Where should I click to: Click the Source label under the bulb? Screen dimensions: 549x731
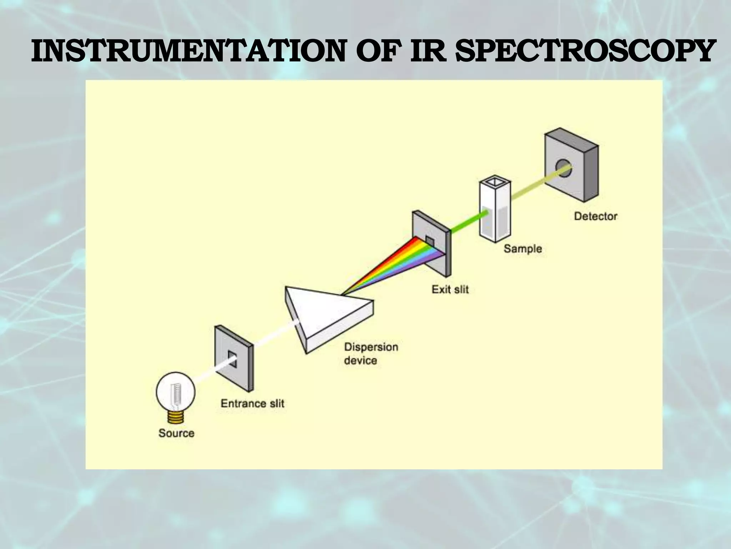coord(176,433)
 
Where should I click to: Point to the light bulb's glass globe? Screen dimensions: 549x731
coord(176,391)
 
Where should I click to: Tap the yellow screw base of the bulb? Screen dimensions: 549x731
coord(176,416)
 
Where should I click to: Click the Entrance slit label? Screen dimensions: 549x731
coord(252,404)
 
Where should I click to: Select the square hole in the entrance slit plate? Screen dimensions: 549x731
coord(232,359)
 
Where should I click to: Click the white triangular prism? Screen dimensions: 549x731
coord(328,315)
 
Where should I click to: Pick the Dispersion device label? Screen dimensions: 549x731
coord(370,353)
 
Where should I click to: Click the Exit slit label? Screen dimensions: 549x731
coord(450,289)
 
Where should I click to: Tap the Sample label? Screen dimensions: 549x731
coord(523,248)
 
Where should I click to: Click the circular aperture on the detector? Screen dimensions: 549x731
coord(563,168)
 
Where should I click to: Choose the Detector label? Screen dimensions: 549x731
coord(595,216)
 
